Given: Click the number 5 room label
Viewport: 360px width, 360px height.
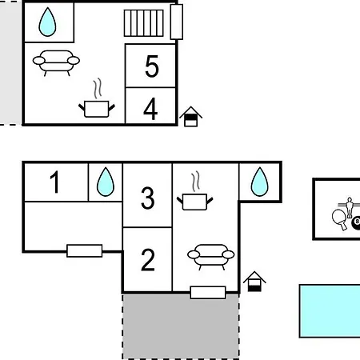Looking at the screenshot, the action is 152,66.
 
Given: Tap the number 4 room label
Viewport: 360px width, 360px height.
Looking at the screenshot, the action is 150,109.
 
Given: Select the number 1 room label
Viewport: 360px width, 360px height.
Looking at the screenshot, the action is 55,182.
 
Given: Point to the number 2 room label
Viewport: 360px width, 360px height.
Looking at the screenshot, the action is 148,260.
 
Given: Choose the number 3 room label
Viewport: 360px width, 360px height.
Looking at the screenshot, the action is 148,198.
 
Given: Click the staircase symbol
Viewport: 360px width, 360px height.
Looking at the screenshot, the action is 144,23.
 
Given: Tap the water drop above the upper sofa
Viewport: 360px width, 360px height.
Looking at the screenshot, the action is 47,22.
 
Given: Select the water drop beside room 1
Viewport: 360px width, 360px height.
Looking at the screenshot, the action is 106,182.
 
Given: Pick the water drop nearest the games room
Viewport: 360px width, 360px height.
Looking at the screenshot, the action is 260,182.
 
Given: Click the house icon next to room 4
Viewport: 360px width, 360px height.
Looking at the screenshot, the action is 190,117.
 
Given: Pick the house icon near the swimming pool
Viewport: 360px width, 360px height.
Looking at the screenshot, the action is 254,282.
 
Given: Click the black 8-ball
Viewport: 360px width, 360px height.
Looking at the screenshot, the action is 356,223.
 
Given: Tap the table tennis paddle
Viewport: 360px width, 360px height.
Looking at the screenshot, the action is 339,219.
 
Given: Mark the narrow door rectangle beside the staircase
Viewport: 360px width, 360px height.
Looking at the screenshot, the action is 177,22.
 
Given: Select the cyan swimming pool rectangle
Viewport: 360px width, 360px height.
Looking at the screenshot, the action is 330,311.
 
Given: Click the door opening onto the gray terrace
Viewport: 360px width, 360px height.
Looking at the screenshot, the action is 208,293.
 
